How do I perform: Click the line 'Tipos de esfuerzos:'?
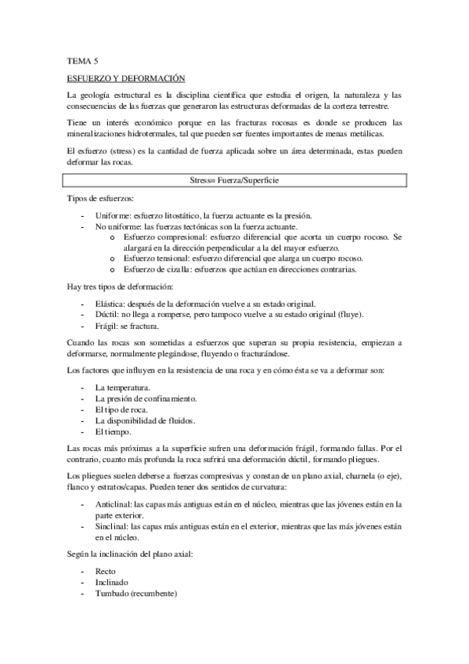click(99, 199)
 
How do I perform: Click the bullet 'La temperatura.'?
click(123, 388)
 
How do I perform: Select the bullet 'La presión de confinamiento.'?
click(146, 399)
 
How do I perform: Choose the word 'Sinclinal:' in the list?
click(113, 527)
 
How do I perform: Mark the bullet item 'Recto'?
click(106, 572)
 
